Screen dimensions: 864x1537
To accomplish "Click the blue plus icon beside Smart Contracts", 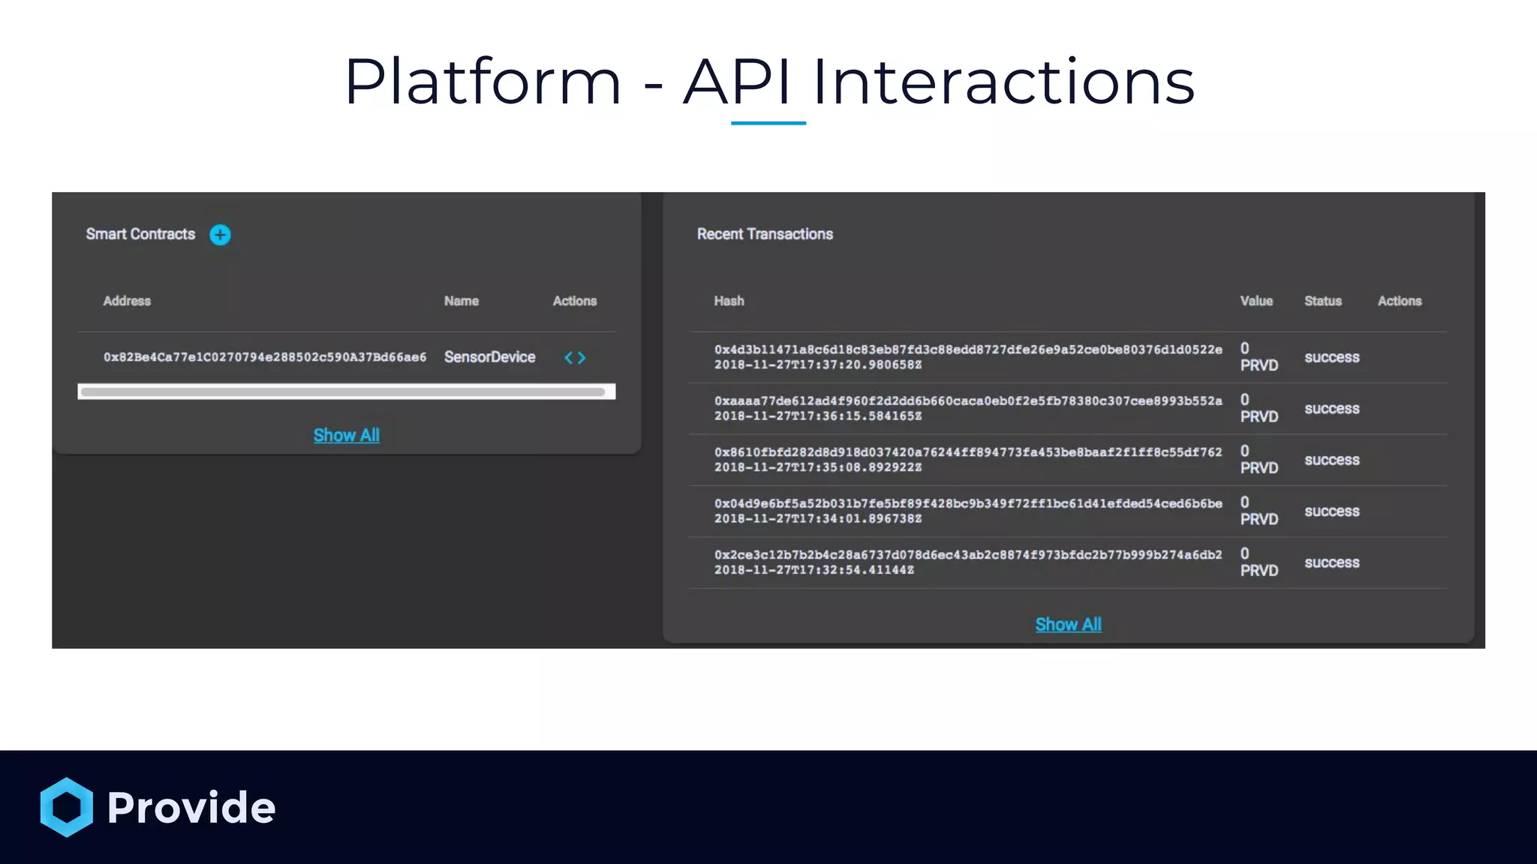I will coord(220,235).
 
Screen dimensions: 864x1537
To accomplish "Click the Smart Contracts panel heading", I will coord(140,234).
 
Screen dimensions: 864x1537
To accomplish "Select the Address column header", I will coord(127,301).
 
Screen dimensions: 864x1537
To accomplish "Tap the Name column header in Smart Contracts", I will coord(461,301).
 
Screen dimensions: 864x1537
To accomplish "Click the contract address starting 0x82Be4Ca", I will coord(264,357).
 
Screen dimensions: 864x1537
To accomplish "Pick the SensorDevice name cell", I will coord(489,357).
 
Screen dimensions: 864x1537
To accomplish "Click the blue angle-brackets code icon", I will coord(575,358).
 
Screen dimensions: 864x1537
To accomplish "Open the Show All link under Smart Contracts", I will coord(346,436).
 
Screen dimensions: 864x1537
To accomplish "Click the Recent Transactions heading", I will coord(765,234).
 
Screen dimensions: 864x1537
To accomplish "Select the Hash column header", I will coord(729,301).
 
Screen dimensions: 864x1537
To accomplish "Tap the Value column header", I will coord(1256,301).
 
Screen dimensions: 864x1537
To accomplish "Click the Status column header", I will coord(1322,301).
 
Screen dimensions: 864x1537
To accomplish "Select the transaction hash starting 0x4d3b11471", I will coord(967,349).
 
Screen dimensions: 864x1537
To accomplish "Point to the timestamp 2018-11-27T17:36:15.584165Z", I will coord(817,416).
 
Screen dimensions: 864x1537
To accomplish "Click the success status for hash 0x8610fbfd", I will coord(1331,460).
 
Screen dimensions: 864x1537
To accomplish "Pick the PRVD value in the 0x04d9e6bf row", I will coord(1259,519).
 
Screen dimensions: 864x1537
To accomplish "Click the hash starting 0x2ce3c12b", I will coord(967,555).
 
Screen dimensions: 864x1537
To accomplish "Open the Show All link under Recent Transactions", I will coord(1068,625).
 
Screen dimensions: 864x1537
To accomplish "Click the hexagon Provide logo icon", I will coord(67,807).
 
